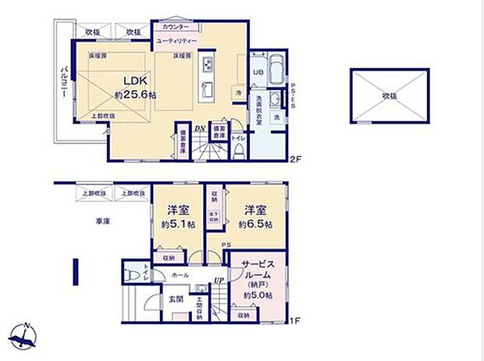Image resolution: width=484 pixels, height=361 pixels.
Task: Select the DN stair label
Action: (200, 129)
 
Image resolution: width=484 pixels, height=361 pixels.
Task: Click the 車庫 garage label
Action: (103, 221)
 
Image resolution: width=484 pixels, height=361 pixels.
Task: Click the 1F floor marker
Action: (295, 320)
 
